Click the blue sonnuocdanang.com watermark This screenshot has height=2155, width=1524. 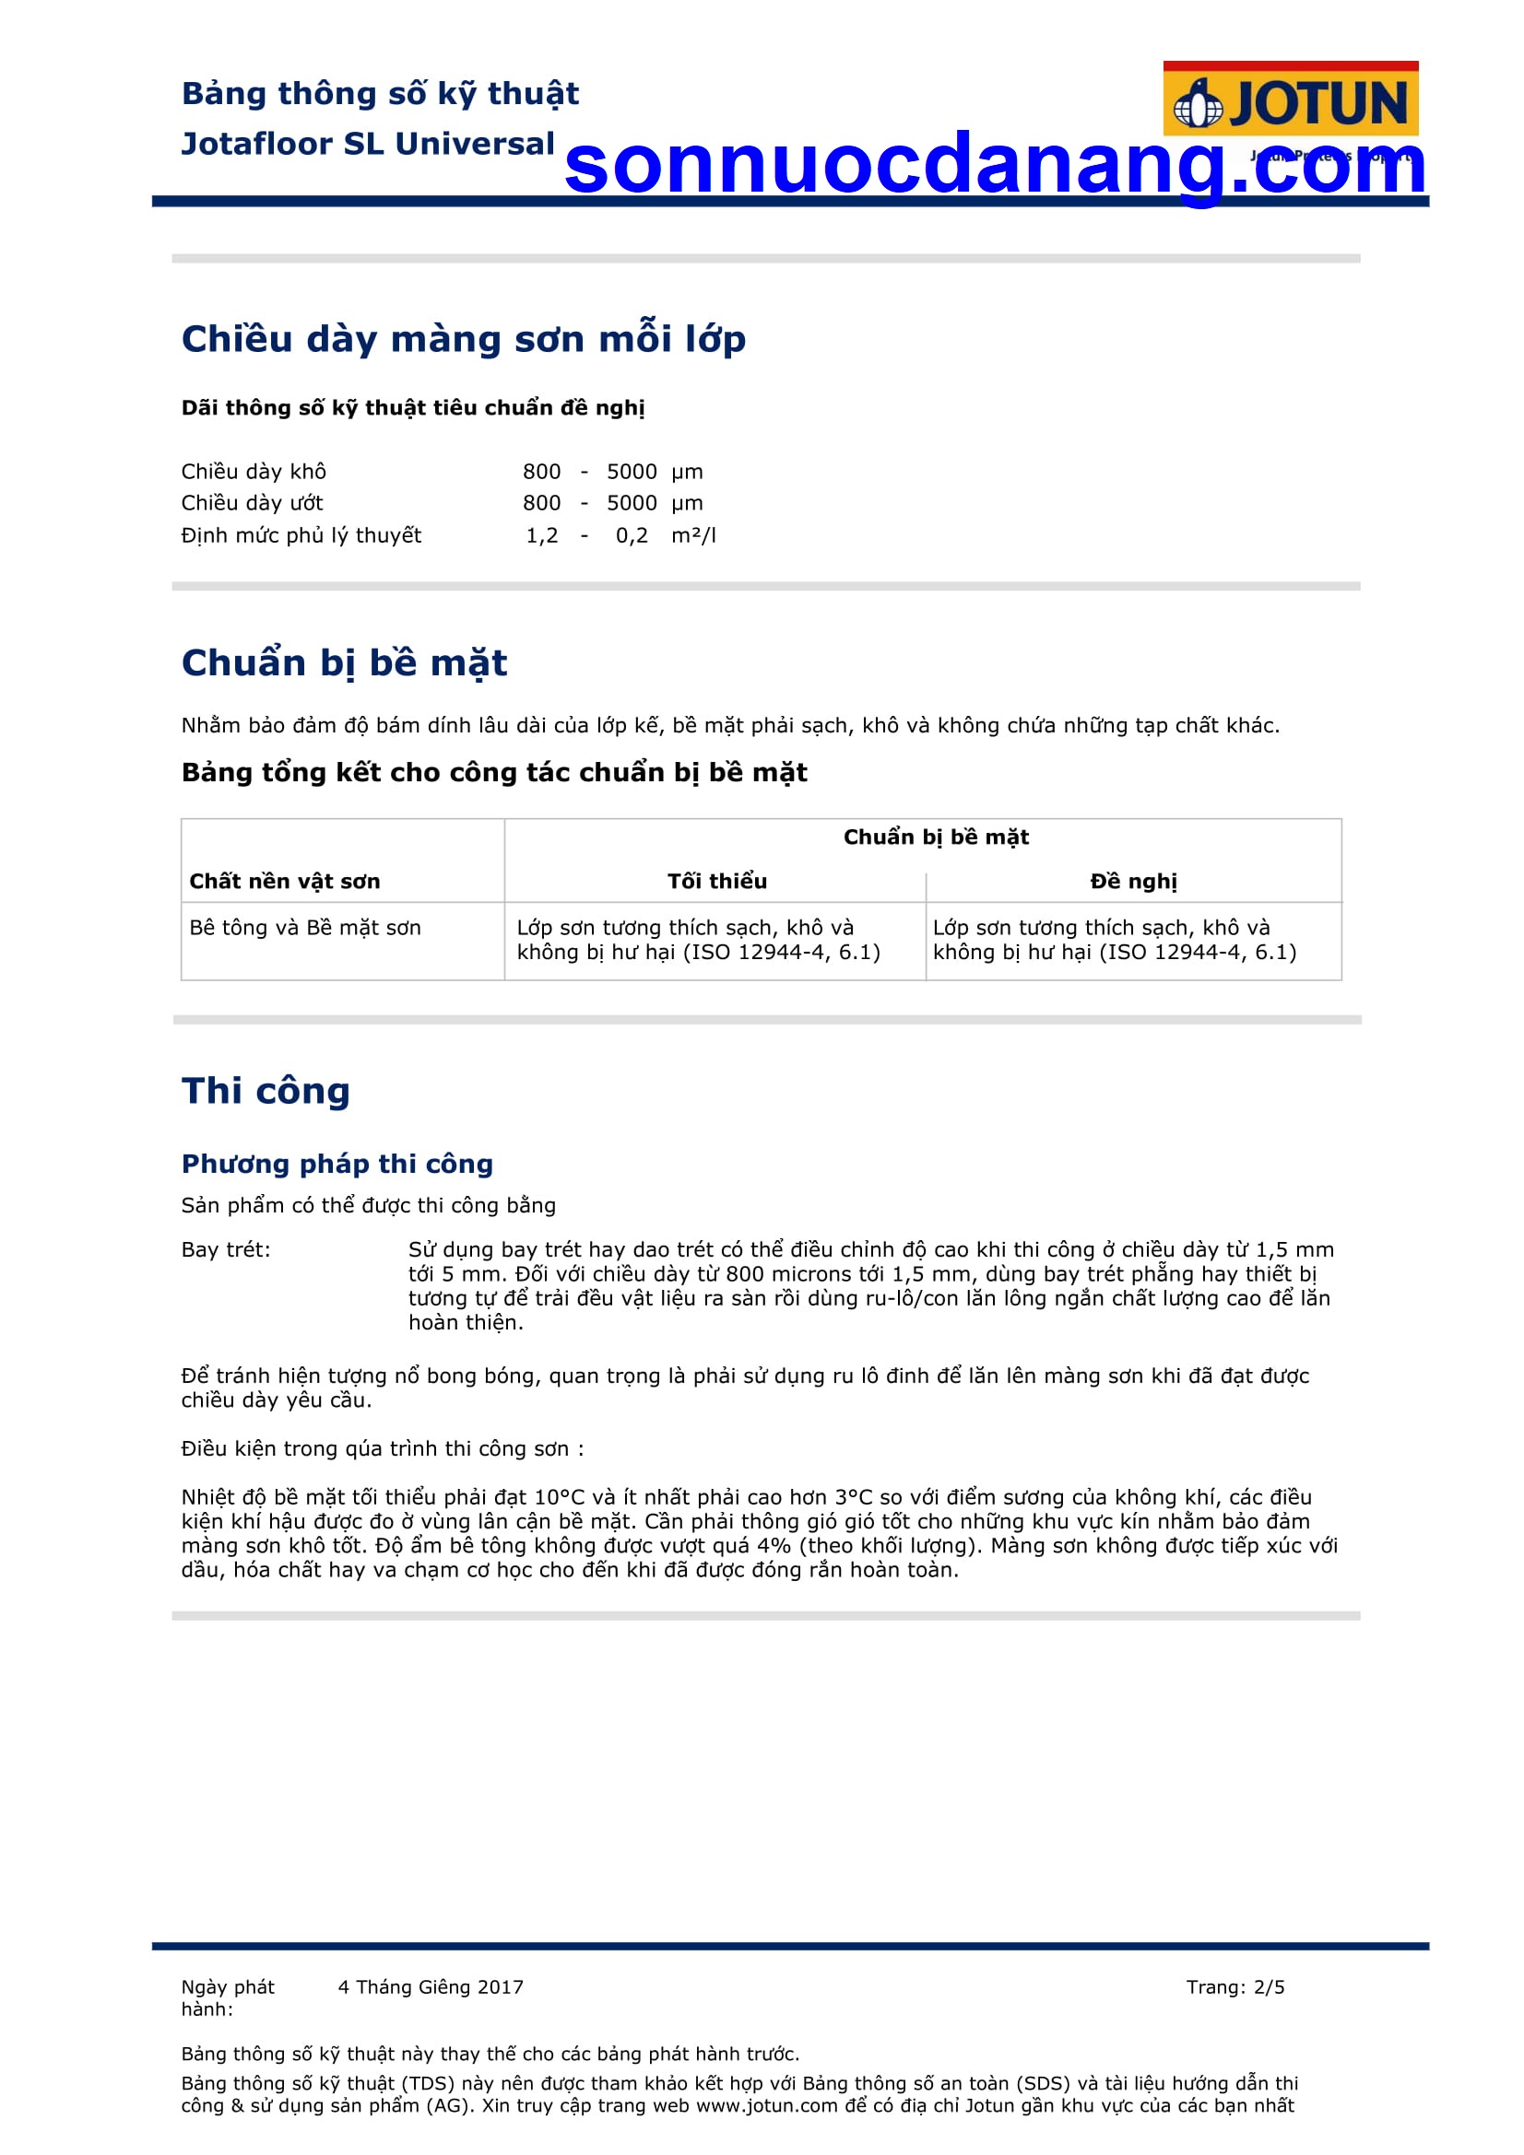[x=995, y=165]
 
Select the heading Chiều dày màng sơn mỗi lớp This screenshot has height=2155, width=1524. [x=463, y=339]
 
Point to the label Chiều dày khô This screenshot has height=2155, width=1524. [x=254, y=471]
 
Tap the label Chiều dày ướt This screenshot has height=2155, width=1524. [x=252, y=503]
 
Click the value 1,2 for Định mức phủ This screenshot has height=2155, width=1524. [x=542, y=535]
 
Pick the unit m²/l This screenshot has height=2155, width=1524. [x=693, y=535]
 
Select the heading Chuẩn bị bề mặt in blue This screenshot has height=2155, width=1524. [x=344, y=662]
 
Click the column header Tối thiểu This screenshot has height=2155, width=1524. [x=716, y=881]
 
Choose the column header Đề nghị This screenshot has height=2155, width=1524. [x=1133, y=881]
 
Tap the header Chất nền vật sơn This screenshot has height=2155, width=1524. [x=285, y=881]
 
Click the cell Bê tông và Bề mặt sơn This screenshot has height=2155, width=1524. [x=305, y=928]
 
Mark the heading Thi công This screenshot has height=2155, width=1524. [x=266, y=1091]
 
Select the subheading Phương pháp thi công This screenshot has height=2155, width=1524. [x=337, y=1164]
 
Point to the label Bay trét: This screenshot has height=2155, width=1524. [x=225, y=1249]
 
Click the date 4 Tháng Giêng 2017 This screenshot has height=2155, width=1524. [x=430, y=1987]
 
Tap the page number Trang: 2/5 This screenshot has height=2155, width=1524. [x=1235, y=1987]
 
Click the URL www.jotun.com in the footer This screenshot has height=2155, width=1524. [x=766, y=2105]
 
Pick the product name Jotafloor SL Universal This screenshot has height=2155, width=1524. [x=368, y=144]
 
